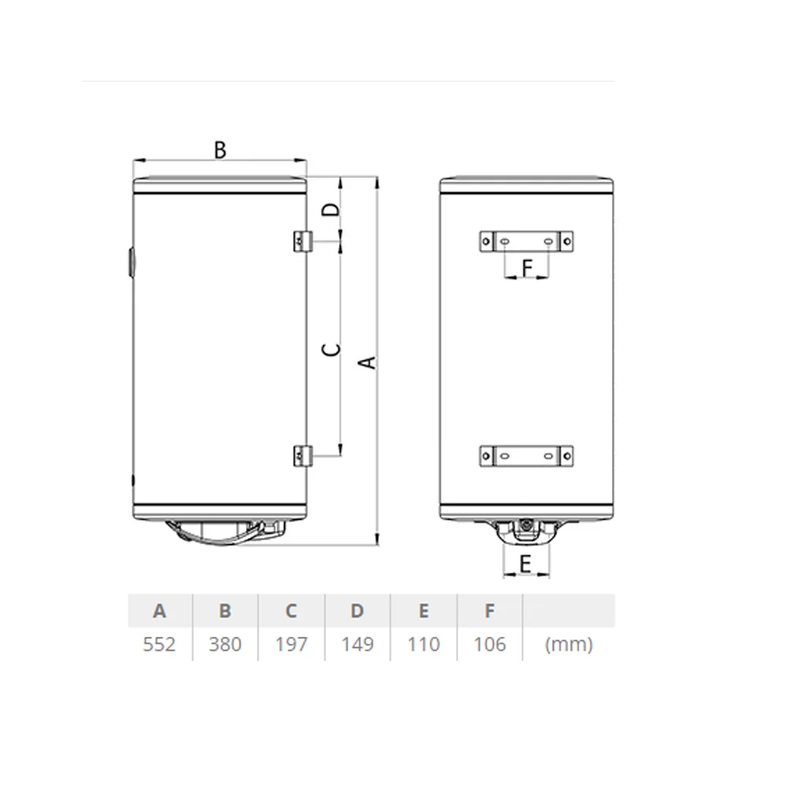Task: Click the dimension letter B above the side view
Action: point(220,149)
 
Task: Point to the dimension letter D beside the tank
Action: point(331,209)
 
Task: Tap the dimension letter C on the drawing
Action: point(331,349)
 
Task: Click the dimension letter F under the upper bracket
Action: point(527,268)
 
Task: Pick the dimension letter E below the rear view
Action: point(525,564)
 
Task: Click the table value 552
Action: point(160,644)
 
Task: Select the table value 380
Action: point(225,644)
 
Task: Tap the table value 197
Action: point(291,644)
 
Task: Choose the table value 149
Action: point(358,644)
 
